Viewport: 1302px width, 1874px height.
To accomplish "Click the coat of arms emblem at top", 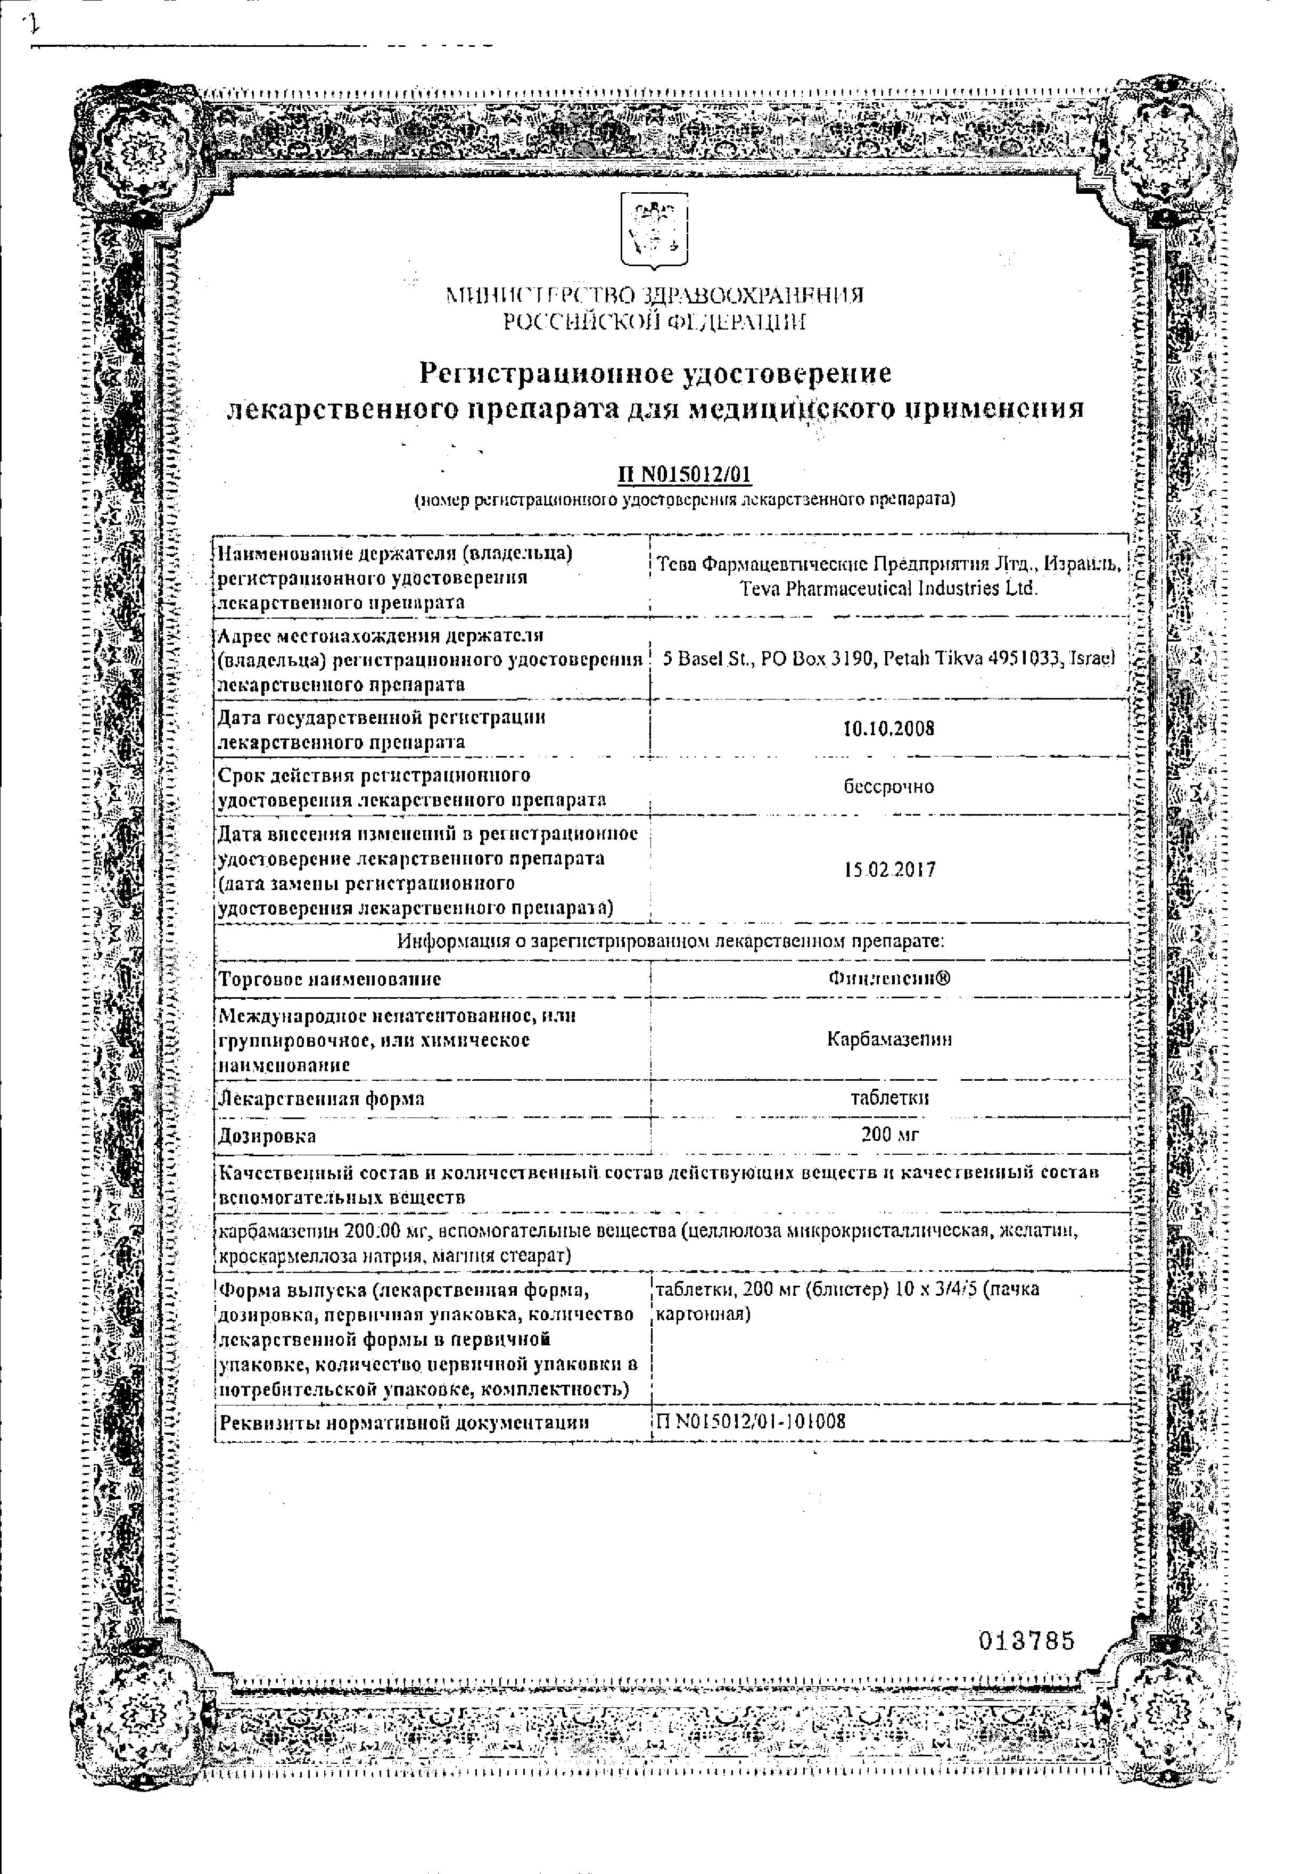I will (x=654, y=230).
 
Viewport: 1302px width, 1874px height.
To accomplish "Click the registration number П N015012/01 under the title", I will (x=683, y=475).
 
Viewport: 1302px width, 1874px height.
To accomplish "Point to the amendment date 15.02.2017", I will (x=889, y=870).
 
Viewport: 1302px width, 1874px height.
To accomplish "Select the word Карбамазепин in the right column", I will (x=889, y=1039).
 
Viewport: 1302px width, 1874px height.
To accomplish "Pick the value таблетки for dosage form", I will (x=889, y=1098).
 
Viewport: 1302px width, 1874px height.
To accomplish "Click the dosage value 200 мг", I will (x=890, y=1134).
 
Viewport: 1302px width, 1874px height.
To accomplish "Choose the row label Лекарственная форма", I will (x=322, y=1098).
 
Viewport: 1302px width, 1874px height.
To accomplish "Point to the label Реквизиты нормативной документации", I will (x=404, y=1423).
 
